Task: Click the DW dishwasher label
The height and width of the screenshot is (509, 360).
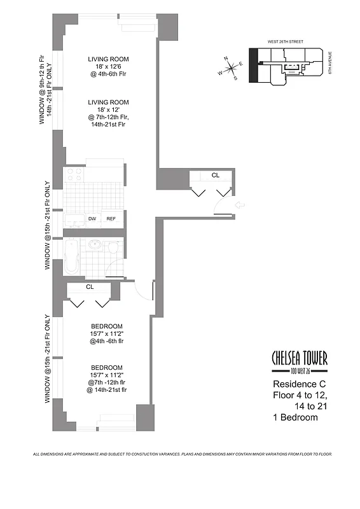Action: pos(92,219)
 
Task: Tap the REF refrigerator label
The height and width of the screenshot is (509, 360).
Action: pos(111,219)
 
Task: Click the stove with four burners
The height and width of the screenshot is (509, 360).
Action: pos(74,174)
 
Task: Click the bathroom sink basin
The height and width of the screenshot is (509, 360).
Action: pos(95,245)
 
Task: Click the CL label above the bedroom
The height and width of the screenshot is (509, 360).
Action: pos(90,287)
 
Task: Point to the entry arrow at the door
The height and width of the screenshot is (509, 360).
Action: pos(240,204)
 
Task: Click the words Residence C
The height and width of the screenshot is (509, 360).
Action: pos(296,384)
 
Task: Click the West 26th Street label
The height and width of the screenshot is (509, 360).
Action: pos(287,41)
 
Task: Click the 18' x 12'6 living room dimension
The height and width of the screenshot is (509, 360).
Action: pos(109,69)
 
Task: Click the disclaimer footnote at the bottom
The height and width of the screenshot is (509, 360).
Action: pos(182,454)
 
